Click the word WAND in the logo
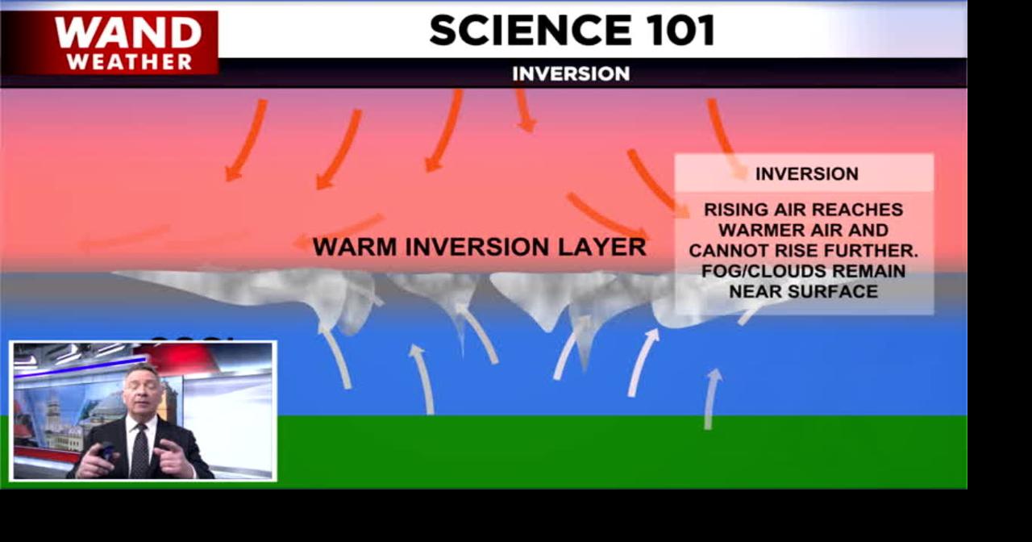click(x=128, y=33)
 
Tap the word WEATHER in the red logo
click(x=130, y=61)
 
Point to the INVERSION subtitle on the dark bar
click(x=571, y=73)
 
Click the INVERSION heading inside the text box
click(x=806, y=173)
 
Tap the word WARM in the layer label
click(x=355, y=247)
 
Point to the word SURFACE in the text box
click(x=833, y=291)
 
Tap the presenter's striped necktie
click(x=139, y=451)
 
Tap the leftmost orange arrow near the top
click(x=246, y=140)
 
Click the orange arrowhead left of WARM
click(x=300, y=241)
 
